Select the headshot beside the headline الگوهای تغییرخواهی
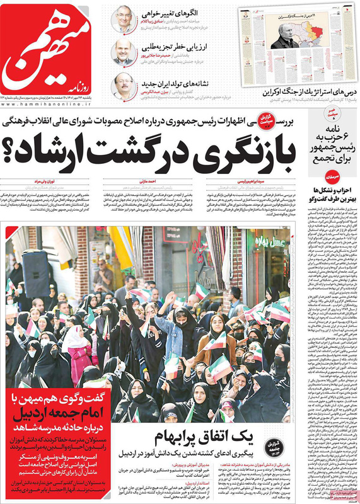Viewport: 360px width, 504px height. click(124, 20)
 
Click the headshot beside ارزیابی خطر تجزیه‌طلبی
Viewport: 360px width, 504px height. click(124, 52)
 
